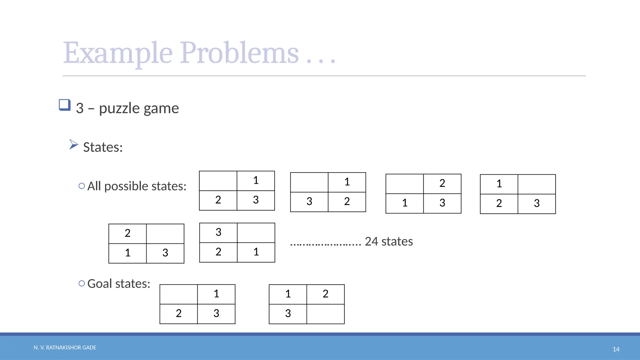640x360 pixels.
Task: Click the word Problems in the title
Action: (239, 53)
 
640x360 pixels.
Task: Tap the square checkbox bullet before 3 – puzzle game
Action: (65, 105)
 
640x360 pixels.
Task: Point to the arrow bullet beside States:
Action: (73, 144)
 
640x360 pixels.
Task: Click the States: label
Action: (103, 147)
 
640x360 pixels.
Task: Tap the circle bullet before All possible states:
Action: (82, 186)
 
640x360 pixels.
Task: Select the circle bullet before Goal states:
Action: (82, 283)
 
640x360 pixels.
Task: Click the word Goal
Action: (100, 283)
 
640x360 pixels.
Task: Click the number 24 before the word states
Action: (371, 242)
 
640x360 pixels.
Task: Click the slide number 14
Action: (616, 349)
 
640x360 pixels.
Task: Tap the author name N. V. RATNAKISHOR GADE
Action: (65, 347)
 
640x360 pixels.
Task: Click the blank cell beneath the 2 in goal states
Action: (325, 314)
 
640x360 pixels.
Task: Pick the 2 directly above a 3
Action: (442, 183)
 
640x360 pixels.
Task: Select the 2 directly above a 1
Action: (127, 233)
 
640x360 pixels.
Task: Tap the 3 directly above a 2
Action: (218, 232)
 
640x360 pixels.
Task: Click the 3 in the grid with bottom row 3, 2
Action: (309, 202)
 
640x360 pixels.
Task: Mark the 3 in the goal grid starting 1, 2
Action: (288, 313)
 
